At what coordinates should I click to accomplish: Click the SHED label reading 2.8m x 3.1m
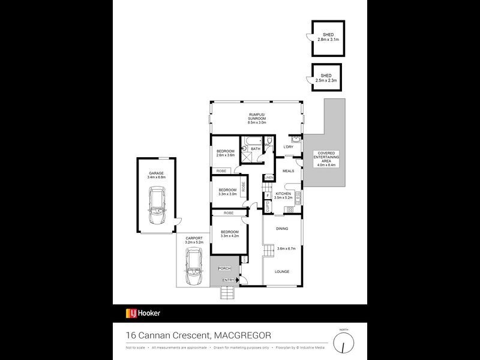[x=328, y=37]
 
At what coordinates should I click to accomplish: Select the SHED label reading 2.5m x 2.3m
[x=328, y=78]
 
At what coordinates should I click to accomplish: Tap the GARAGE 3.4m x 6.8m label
[x=157, y=176]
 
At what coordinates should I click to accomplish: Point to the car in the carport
[x=193, y=267]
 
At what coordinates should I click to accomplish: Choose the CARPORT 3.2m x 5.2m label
[x=194, y=241]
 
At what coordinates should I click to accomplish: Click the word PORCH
[x=224, y=268]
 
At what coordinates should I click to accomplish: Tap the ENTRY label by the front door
[x=229, y=280]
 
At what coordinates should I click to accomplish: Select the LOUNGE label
[x=282, y=272]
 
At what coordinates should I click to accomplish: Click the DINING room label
[x=282, y=229]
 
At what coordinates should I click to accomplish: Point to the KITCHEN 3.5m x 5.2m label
[x=283, y=195]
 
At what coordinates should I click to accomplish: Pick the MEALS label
[x=288, y=171]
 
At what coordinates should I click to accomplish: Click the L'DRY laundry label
[x=288, y=147]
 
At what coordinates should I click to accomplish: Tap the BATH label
[x=256, y=149]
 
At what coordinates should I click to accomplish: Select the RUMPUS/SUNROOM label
[x=257, y=118]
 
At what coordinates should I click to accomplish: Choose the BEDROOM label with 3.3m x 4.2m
[x=230, y=234]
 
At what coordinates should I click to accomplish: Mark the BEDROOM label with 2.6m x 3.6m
[x=225, y=153]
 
